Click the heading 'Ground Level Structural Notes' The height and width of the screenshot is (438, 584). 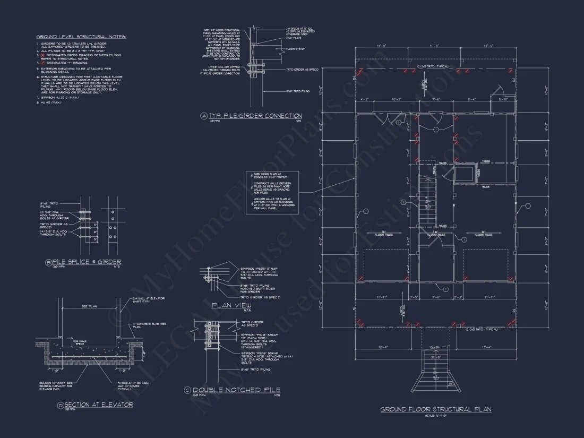81,37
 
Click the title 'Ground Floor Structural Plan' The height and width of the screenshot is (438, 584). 435,409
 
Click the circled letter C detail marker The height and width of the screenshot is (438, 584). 187,390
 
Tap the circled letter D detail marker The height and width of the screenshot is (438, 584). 60,405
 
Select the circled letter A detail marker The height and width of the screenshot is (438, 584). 203,116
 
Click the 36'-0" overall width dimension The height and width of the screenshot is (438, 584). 435,357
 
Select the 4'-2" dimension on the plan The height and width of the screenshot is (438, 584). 365,99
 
